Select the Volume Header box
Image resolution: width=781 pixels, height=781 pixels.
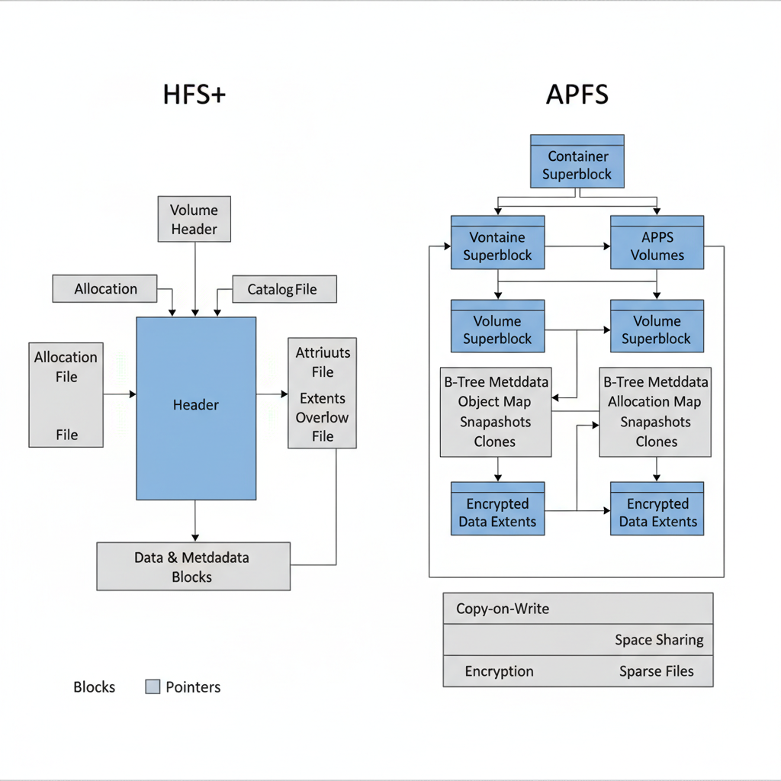pos(194,220)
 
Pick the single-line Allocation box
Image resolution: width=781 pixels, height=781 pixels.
pos(105,289)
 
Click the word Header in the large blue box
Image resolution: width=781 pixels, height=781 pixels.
pos(195,405)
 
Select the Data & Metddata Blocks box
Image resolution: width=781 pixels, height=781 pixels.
pos(193,567)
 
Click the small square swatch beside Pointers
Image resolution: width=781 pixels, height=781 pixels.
pos(153,687)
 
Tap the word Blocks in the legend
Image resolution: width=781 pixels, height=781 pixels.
pos(94,687)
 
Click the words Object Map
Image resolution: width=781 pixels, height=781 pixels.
pos(494,402)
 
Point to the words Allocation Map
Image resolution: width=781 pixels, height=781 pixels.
pos(656,402)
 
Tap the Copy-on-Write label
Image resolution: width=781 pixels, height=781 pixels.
pos(502,609)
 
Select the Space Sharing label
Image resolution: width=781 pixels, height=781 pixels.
pos(659,640)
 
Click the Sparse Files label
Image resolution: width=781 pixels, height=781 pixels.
pos(656,671)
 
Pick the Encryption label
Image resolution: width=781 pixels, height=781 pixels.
pos(499,671)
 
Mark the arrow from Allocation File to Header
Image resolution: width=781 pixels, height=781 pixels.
pos(120,394)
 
